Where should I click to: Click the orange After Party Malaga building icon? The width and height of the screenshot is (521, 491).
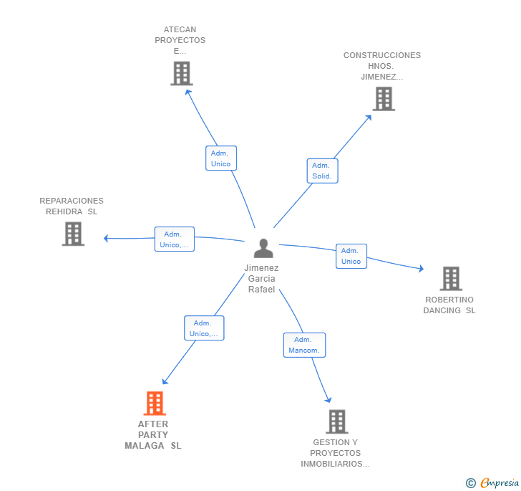pos(154,404)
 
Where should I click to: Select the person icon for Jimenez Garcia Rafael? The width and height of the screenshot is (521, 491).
pos(263,248)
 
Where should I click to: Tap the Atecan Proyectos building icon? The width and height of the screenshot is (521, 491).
pos(182,73)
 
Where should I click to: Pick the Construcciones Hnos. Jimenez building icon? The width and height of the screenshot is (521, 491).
pos(384,99)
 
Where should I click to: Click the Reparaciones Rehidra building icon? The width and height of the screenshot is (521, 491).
pos(73,234)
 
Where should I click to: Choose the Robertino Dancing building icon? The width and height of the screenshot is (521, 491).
pos(450,278)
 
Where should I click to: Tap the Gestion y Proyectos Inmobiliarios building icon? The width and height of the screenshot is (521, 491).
pos(336,421)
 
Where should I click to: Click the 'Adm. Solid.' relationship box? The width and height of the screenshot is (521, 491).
pos(323,171)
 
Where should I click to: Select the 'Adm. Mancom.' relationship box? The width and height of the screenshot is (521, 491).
pos(304,345)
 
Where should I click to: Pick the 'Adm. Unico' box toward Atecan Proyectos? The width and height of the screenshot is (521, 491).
pos(221,158)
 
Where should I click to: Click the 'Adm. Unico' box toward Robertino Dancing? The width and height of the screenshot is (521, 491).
pos(351,256)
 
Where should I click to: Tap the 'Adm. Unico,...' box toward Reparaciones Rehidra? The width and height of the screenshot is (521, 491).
pos(175,239)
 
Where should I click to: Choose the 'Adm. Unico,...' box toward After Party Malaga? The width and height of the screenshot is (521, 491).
pos(204,328)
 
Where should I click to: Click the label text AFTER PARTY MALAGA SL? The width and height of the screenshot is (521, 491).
pos(153,434)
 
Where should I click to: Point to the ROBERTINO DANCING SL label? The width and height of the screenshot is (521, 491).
pos(449,305)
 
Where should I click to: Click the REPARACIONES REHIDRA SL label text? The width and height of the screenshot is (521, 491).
pos(72,206)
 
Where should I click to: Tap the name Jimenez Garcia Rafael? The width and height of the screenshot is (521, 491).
pos(262,278)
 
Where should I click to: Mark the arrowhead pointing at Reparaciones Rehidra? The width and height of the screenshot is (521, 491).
pos(106,238)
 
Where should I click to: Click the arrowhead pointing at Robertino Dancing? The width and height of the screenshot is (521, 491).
pos(422,270)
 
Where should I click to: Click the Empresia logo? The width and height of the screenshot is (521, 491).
pos(493,483)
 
